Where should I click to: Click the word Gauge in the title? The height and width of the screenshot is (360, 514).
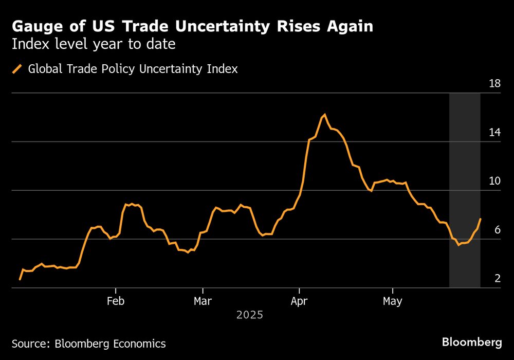(35, 26)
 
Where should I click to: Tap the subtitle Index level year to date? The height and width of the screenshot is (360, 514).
(94, 44)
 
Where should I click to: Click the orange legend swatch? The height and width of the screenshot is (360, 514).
(17, 68)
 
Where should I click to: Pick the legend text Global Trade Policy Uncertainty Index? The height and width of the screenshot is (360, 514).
(133, 68)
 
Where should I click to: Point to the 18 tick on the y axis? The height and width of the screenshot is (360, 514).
(494, 83)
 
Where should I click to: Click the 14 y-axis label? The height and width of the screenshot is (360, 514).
(494, 132)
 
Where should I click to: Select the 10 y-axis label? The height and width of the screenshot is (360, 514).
(494, 181)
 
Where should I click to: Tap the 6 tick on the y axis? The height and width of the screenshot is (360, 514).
(497, 230)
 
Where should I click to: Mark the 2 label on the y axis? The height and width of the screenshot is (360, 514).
(497, 279)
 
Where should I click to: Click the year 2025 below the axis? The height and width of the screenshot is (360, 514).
(249, 315)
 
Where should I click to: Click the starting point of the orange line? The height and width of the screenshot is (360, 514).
(20, 279)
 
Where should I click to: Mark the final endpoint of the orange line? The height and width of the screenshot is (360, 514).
(481, 219)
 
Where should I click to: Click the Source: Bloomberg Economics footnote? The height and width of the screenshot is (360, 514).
(88, 344)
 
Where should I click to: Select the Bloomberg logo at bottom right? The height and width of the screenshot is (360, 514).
(472, 342)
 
